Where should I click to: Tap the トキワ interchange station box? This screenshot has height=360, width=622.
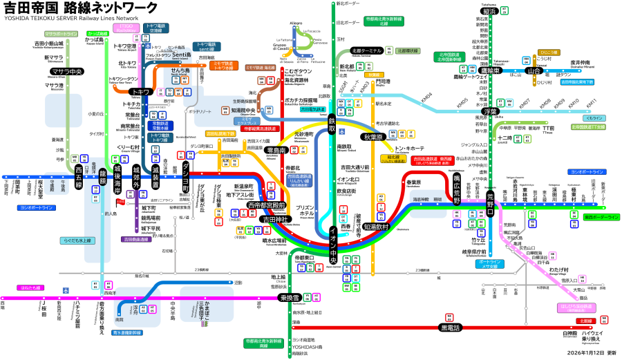(x=141, y=92)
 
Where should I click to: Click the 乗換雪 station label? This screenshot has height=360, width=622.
(x=289, y=298)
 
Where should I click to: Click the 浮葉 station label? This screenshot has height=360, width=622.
(x=491, y=111)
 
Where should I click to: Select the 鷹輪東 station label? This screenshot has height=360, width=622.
(x=490, y=70)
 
